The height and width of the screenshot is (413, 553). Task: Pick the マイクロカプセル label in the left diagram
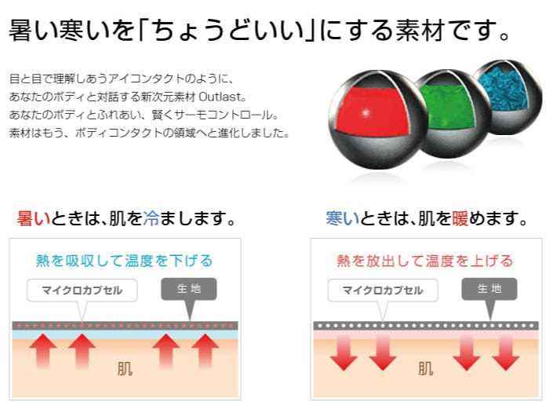pyautogui.click(x=82, y=291)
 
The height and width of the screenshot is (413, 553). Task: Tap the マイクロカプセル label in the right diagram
pyautogui.click(x=383, y=291)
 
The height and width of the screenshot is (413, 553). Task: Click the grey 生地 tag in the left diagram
pyautogui.click(x=189, y=289)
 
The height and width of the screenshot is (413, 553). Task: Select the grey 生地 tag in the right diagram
pyautogui.click(x=489, y=289)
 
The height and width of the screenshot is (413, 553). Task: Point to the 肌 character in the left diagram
pyautogui.click(x=125, y=369)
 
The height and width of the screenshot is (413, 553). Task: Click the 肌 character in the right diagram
pyautogui.click(x=426, y=369)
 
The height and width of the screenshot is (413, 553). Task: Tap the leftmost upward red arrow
pyautogui.click(x=43, y=350)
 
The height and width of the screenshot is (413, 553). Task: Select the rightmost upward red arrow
pyautogui.click(x=206, y=350)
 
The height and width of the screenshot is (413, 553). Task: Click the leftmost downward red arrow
pyautogui.click(x=344, y=353)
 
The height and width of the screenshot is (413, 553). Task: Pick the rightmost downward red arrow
pyautogui.click(x=506, y=353)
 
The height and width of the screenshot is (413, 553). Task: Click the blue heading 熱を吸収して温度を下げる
pyautogui.click(x=125, y=261)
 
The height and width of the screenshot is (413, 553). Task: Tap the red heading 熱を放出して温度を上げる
pyautogui.click(x=425, y=261)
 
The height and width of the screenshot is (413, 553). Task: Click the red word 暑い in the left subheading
pyautogui.click(x=34, y=218)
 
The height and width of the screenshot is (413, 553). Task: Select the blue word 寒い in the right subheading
pyautogui.click(x=343, y=218)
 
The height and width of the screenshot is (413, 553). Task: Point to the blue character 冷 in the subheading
pyautogui.click(x=151, y=218)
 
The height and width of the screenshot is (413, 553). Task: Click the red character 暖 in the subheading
pyautogui.click(x=460, y=218)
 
